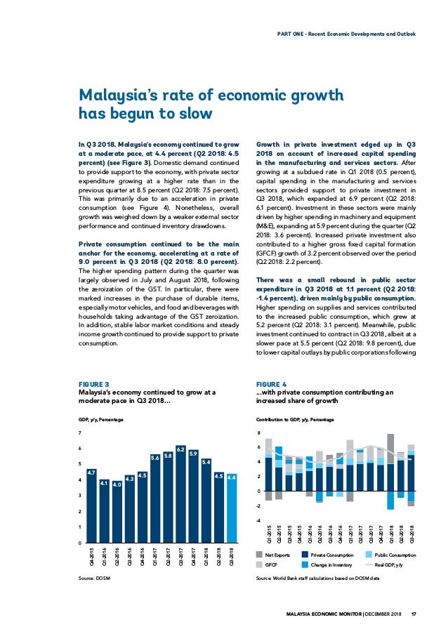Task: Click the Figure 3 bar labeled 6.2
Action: pos(180,494)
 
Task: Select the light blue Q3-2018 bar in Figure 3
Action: pos(232,508)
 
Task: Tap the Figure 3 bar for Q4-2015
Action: pos(92,506)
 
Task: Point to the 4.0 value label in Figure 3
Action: pos(117,484)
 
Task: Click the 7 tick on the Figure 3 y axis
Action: pos(79,432)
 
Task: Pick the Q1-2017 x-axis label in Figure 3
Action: pos(155,556)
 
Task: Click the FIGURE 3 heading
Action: pos(93,384)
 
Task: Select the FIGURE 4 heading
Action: pos(271,384)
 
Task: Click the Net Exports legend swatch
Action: pos(259,555)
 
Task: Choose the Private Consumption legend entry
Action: pos(327,555)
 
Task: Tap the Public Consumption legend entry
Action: pos(390,555)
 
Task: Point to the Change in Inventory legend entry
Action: pos(327,564)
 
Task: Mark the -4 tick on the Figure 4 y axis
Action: pos(258,520)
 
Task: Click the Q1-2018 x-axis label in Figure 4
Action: pos(391,534)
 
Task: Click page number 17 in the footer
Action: pos(413,614)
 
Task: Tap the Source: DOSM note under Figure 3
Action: pos(94,579)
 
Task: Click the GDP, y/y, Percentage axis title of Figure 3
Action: pos(100,419)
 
